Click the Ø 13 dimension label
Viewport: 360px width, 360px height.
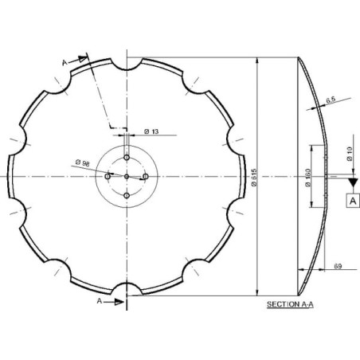tap(151, 131)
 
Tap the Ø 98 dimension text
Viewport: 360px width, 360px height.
tap(83, 162)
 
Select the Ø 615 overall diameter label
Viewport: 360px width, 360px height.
tap(254, 178)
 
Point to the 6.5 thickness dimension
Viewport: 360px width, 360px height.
tap(331, 100)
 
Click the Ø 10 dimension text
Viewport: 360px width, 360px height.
tap(350, 154)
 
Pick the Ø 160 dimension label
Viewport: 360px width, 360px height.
tap(308, 178)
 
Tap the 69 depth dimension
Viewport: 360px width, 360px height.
tap(338, 266)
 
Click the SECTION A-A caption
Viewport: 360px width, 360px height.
tap(290, 304)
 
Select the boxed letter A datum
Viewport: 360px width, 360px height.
tap(353, 201)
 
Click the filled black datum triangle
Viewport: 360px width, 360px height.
tap(353, 182)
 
